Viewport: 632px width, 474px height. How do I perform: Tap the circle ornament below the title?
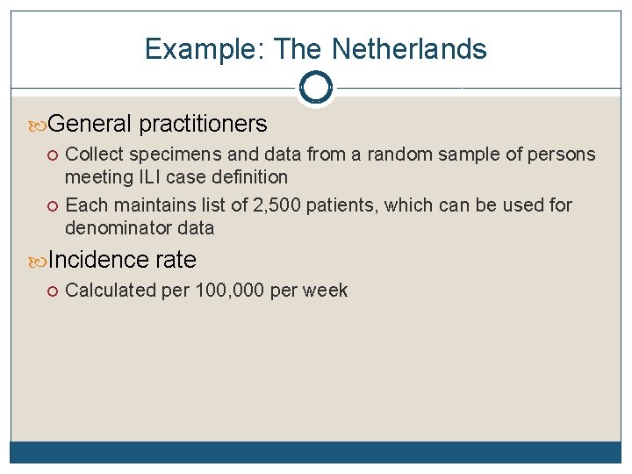click(x=315, y=87)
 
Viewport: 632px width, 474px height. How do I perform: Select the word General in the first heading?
click(x=90, y=124)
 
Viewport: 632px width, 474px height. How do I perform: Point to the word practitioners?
click(x=203, y=124)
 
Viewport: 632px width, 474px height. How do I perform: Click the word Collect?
click(x=93, y=154)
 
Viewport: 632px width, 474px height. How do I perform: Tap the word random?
click(x=400, y=154)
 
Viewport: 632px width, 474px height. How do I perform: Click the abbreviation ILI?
click(x=147, y=177)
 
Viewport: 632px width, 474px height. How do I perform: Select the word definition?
click(x=246, y=177)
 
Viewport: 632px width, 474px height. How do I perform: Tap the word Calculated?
click(x=111, y=291)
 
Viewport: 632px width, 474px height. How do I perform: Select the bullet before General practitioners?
click(x=39, y=125)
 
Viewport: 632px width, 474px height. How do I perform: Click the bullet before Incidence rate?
click(x=39, y=261)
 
